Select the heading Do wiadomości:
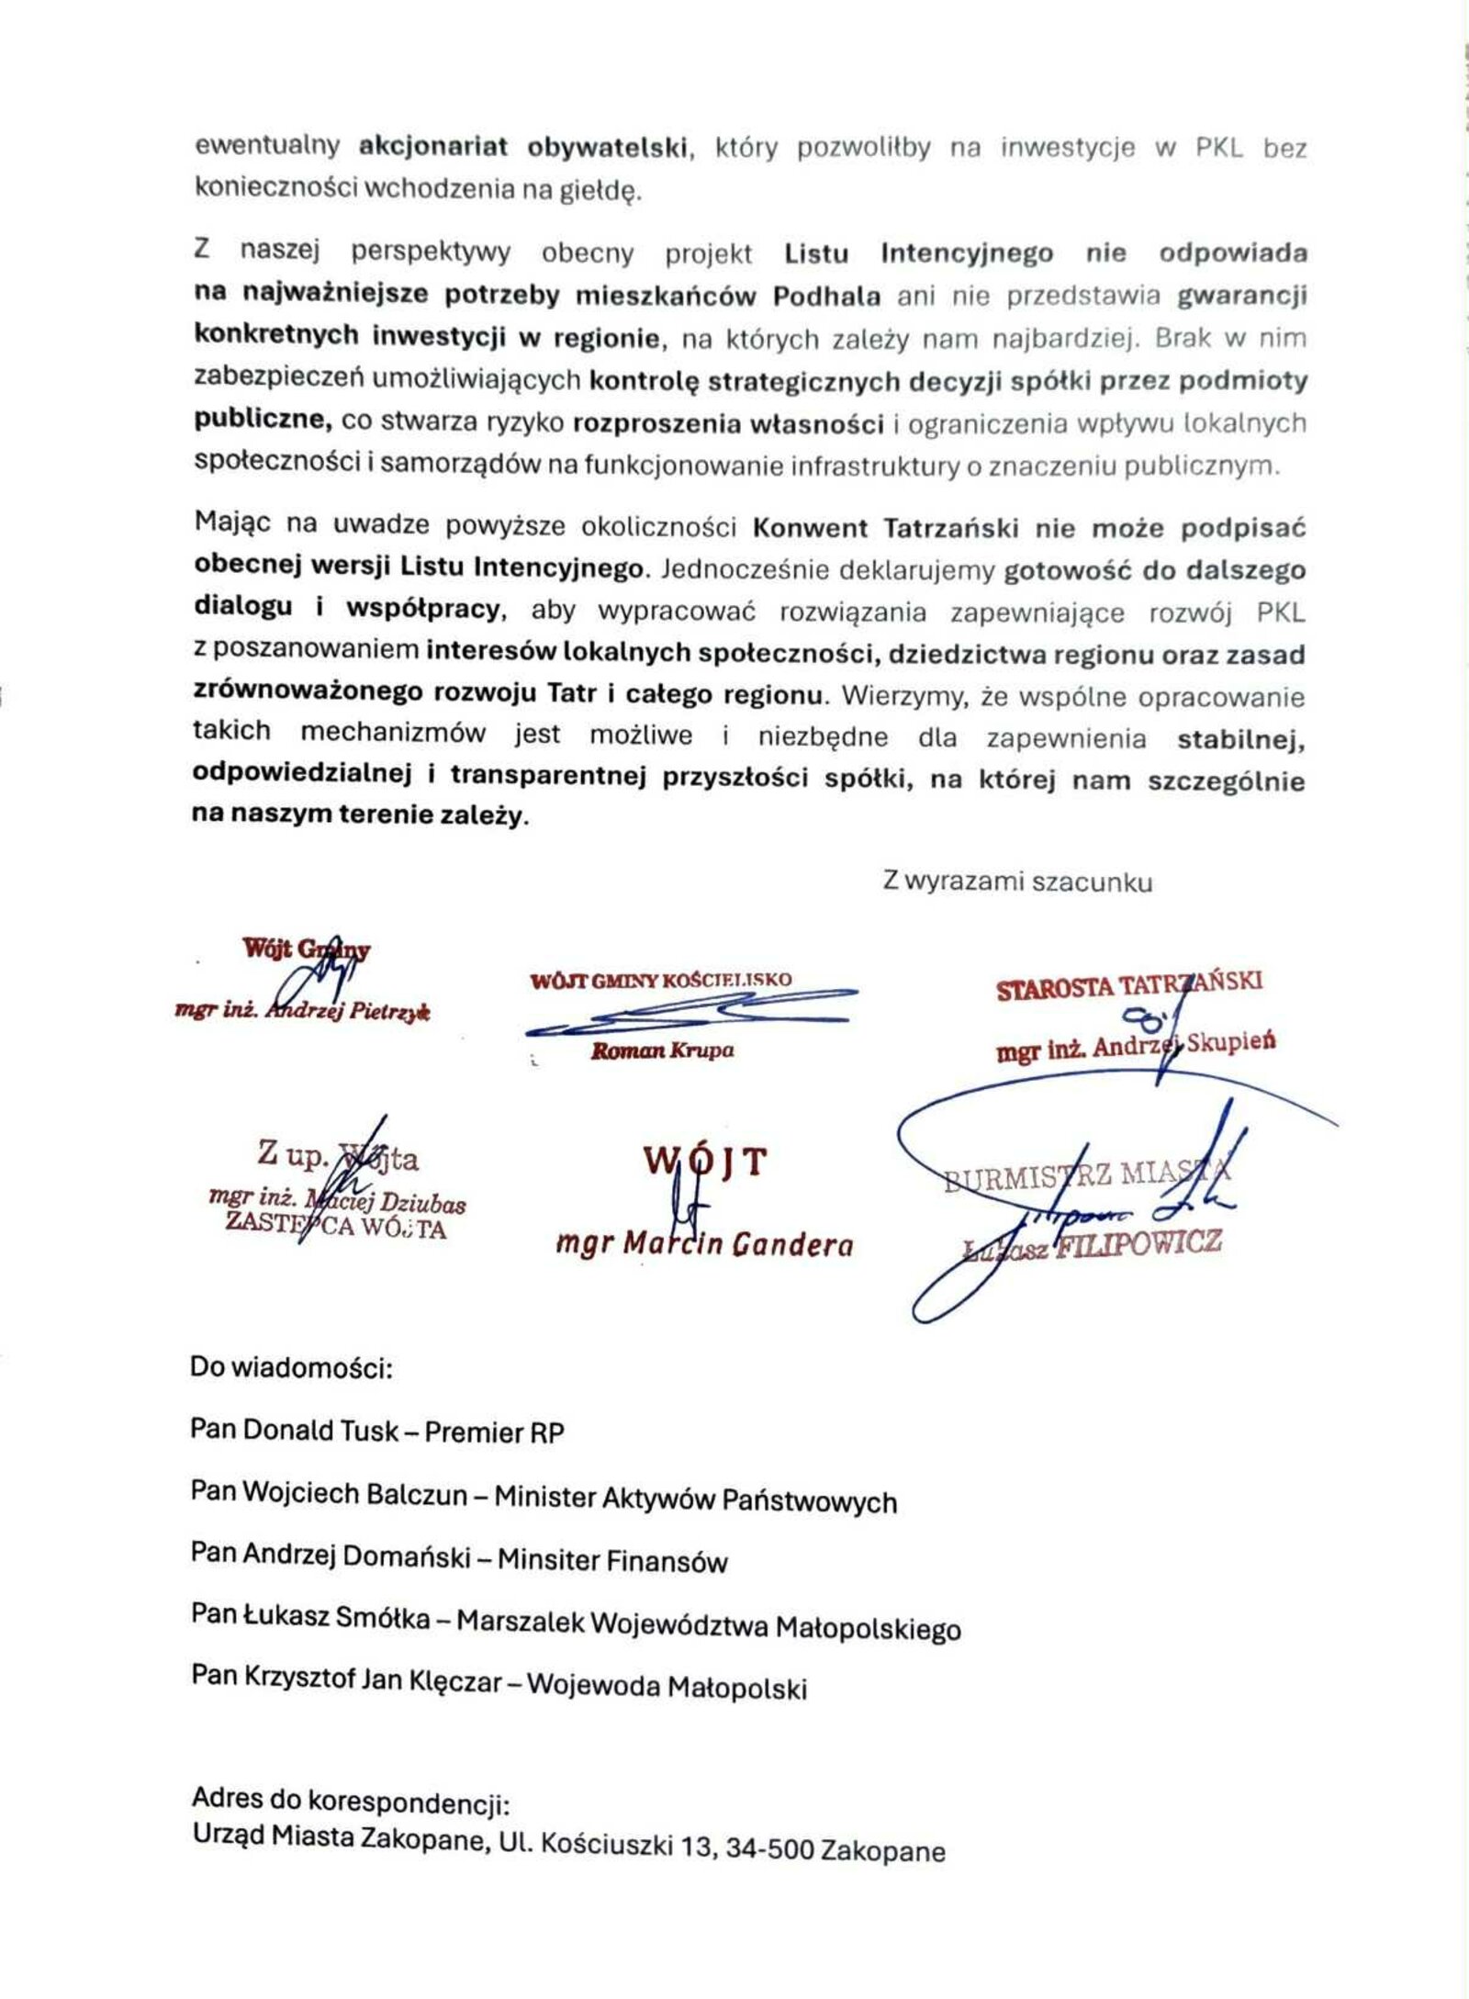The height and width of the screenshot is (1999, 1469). [x=291, y=1368]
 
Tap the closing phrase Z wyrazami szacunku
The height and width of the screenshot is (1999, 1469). [x=1016, y=882]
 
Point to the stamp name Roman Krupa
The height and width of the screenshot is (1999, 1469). [x=662, y=1050]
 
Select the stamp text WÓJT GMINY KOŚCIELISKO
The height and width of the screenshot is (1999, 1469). [x=660, y=980]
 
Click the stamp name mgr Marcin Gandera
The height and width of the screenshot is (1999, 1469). [x=704, y=1245]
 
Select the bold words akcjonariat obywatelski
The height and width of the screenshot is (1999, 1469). [x=523, y=148]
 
